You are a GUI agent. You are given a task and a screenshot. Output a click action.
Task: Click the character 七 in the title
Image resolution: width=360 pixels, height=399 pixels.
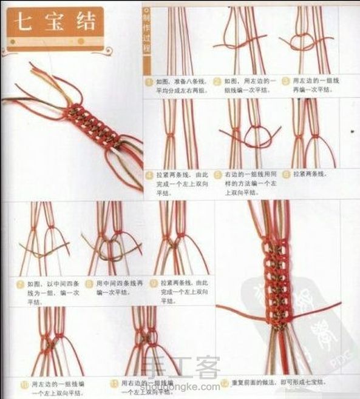(x=24, y=23)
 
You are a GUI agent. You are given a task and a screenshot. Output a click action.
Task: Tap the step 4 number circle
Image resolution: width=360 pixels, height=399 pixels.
(x=149, y=176)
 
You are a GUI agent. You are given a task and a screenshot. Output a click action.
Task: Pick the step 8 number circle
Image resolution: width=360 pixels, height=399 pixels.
(x=89, y=283)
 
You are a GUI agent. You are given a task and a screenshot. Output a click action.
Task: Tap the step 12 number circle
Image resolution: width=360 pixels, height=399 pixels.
(x=225, y=383)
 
